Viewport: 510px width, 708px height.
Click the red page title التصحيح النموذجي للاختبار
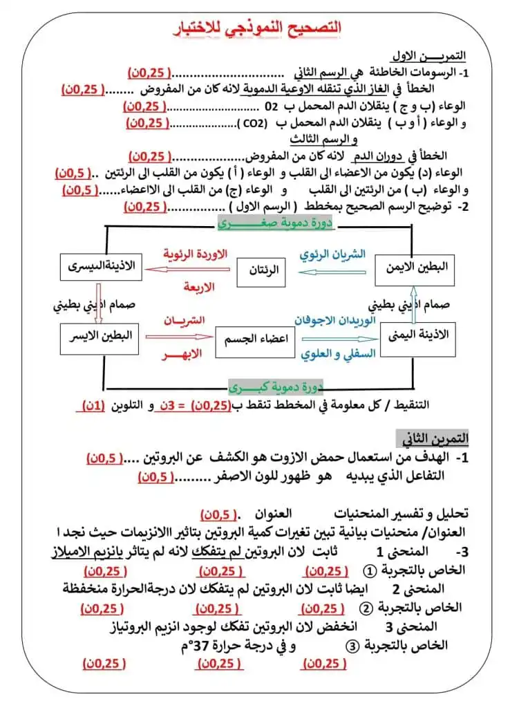(255, 28)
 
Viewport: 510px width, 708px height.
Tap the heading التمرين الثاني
(435, 438)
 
